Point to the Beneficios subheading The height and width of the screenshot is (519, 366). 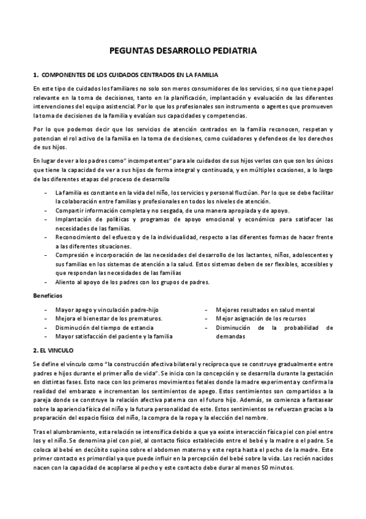click(x=47, y=296)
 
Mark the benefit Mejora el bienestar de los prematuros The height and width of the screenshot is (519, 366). click(x=108, y=319)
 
